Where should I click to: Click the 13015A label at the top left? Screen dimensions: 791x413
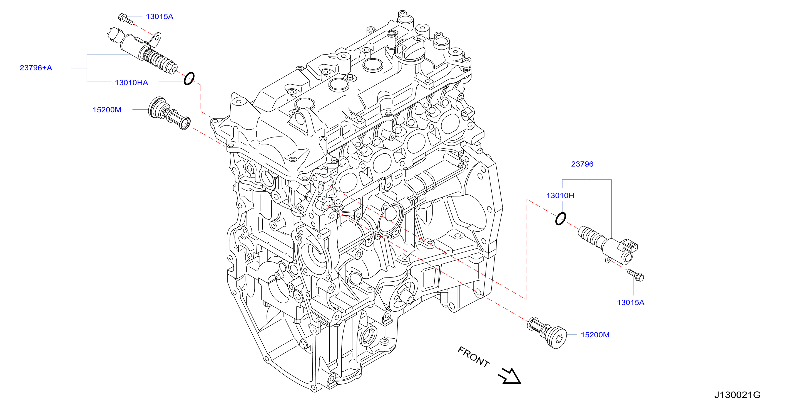coord(159,17)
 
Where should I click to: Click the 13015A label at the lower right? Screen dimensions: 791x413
coord(630,303)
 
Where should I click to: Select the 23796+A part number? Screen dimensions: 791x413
coord(36,68)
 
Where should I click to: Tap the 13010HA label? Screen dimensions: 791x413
coord(131,83)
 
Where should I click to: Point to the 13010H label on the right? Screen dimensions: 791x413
coord(560,196)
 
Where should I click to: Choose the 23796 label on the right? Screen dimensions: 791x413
coord(582,164)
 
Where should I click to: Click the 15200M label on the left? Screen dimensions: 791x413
coord(107,110)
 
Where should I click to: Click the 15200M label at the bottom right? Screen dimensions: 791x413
coord(595,335)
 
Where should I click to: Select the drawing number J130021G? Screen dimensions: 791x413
coord(737,395)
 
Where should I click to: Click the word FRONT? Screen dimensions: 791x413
coord(473,357)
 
